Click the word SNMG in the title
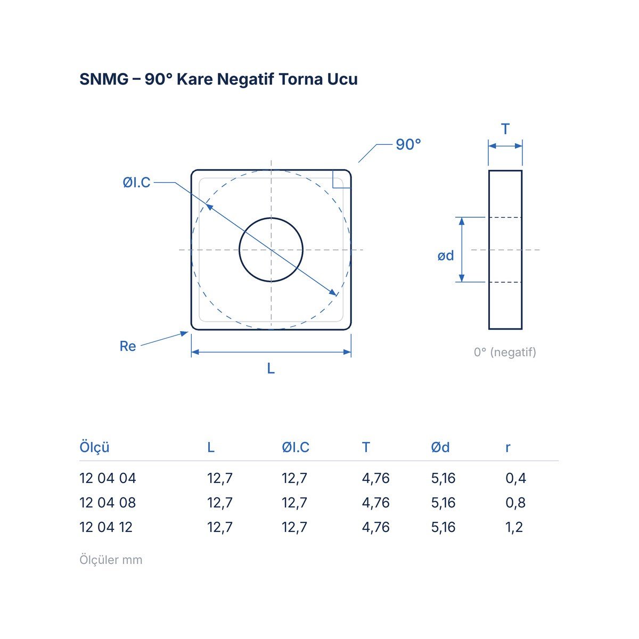coord(104,79)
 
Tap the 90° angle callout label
coord(408,145)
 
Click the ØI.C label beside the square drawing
coord(137,183)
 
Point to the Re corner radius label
coord(128,346)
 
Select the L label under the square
coord(271,368)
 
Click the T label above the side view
coord(505,129)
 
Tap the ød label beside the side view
coord(445,256)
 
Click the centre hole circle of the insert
coord(271,218)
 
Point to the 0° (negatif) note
coord(505,352)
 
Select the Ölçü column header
coord(94,447)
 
